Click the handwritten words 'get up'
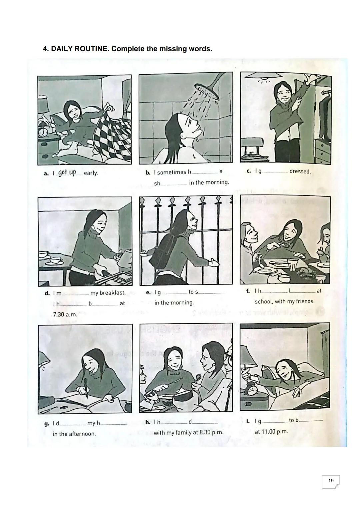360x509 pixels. point(67,173)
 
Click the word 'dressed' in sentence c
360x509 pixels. point(300,171)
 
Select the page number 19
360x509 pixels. point(331,481)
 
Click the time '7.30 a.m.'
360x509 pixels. point(65,314)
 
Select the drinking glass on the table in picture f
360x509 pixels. point(292,264)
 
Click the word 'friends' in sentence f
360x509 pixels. point(305,301)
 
